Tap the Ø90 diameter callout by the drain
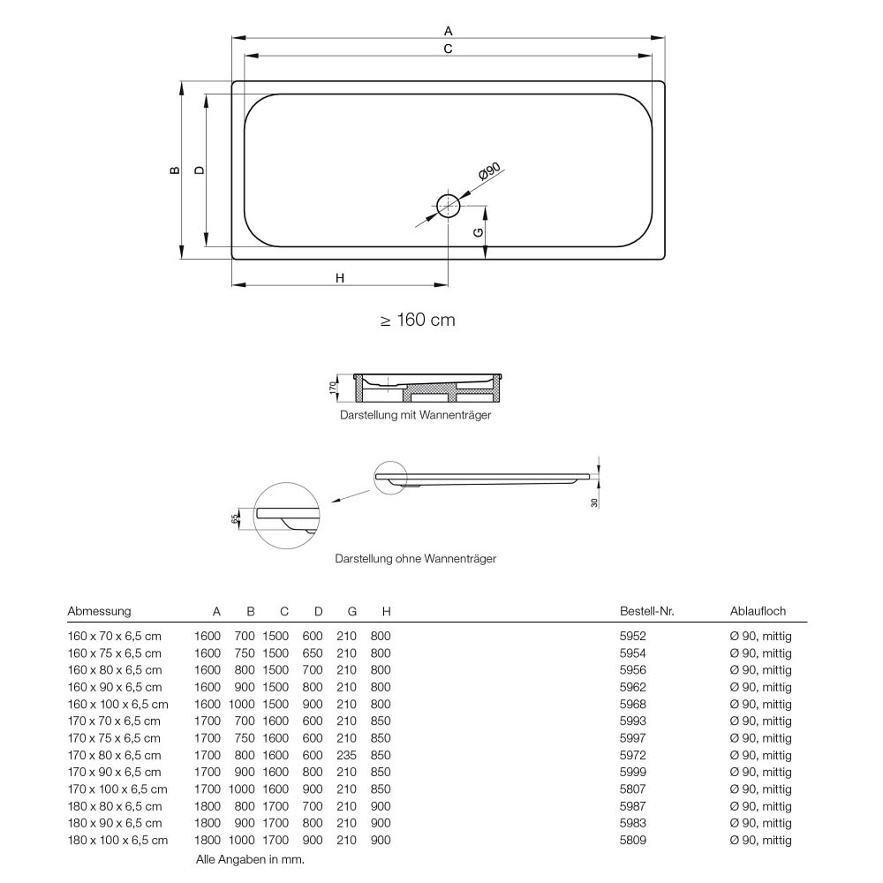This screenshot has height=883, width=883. (x=489, y=171)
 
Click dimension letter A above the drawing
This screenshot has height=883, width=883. (x=449, y=31)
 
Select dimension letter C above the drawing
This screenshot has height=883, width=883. (x=449, y=49)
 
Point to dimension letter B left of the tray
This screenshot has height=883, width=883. (x=175, y=170)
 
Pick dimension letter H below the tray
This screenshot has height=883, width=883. (x=340, y=278)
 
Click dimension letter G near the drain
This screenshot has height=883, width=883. (x=478, y=232)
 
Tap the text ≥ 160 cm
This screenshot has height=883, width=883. (x=418, y=320)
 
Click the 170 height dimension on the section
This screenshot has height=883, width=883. (x=333, y=388)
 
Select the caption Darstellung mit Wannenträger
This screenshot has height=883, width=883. (x=416, y=415)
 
